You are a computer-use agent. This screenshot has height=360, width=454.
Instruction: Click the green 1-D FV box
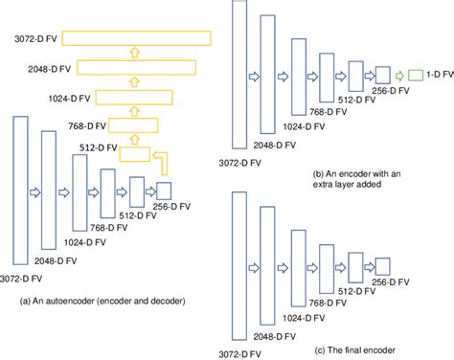[417, 74]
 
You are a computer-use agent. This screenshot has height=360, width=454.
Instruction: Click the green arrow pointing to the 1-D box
[398, 74]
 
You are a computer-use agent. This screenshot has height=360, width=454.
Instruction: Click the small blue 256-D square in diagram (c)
[384, 266]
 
